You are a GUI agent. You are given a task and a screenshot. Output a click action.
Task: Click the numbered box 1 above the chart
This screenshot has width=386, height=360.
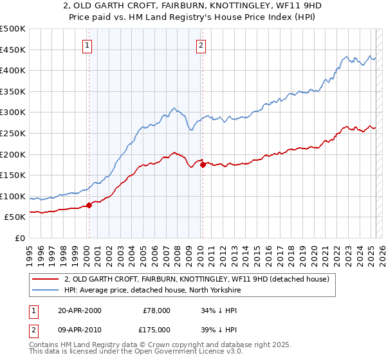[87, 45]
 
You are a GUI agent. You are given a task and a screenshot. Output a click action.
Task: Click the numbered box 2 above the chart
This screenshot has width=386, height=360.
[201, 45]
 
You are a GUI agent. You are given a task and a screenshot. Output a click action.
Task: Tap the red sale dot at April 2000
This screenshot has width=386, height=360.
[89, 206]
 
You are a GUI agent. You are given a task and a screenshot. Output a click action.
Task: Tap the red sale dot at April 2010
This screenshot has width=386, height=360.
[203, 165]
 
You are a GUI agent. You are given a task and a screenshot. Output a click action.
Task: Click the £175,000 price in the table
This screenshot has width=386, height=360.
[156, 329]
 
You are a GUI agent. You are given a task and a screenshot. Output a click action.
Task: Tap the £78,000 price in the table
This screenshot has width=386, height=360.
[156, 310]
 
